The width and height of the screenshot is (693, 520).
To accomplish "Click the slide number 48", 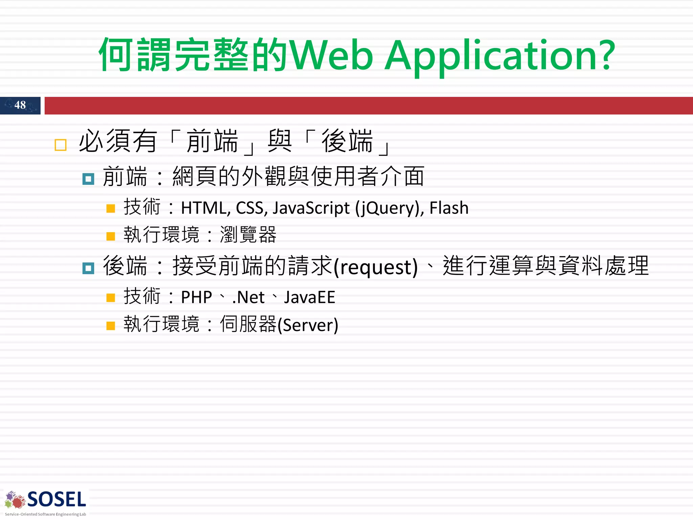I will pyautogui.click(x=20, y=105).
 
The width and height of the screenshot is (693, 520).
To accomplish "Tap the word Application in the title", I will pyautogui.click(x=494, y=56).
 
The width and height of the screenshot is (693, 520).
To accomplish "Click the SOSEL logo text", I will pyautogui.click(x=57, y=500).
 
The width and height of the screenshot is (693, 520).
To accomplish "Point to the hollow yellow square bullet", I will pyautogui.click(x=61, y=145).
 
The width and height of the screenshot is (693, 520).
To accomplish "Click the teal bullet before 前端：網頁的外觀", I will pyautogui.click(x=88, y=179).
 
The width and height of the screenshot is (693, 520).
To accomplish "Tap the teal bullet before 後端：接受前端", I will pyautogui.click(x=88, y=268).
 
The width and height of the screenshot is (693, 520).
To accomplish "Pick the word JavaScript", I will pyautogui.click(x=311, y=208).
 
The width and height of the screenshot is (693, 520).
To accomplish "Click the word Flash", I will pyautogui.click(x=449, y=208).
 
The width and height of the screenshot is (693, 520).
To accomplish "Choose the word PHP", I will pyautogui.click(x=196, y=297).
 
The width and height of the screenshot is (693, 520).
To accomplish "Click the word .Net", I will pyautogui.click(x=248, y=297).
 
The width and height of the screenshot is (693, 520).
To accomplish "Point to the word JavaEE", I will pyautogui.click(x=309, y=297).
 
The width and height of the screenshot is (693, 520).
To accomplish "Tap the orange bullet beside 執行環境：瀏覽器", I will pyautogui.click(x=111, y=236).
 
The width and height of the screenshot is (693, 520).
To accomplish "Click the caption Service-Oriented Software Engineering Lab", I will pyautogui.click(x=45, y=514).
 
